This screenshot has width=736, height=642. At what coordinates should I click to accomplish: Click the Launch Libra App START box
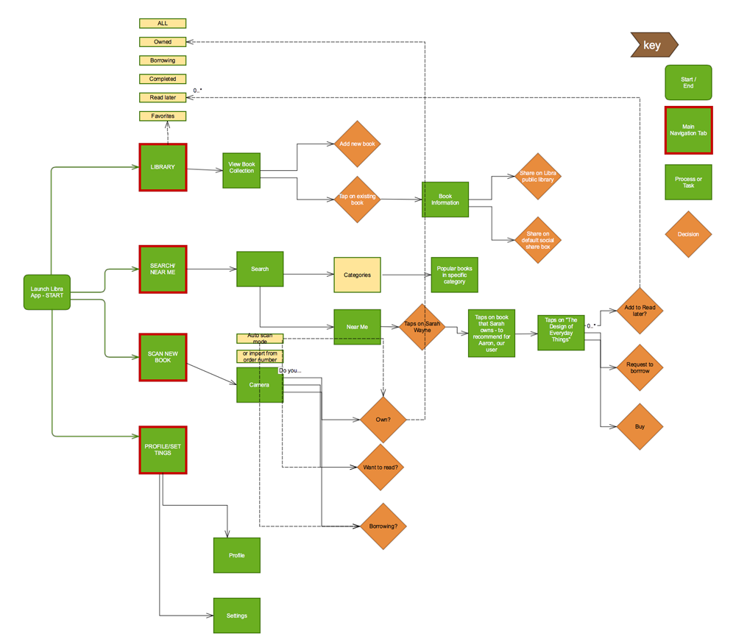(x=47, y=292)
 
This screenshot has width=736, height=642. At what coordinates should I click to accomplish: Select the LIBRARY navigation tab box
(x=163, y=167)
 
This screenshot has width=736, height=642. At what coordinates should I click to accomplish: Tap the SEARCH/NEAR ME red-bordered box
(x=163, y=269)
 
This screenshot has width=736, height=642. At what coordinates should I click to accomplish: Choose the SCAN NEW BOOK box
(x=163, y=357)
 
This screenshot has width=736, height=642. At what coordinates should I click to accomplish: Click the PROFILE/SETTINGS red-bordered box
(x=163, y=450)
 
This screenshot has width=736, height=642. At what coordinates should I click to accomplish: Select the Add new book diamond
(x=358, y=144)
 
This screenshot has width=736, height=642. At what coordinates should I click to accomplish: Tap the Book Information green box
(x=445, y=200)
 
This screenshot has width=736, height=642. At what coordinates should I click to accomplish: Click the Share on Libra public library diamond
(x=538, y=177)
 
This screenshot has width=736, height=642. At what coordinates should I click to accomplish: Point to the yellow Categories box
(x=357, y=275)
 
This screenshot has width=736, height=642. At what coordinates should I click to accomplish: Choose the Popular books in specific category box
(x=455, y=275)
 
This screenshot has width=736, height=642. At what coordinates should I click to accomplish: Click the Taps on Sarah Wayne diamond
(x=422, y=327)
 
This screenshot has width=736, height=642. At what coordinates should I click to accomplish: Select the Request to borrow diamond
(x=640, y=367)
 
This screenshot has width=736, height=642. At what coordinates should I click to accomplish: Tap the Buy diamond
(x=640, y=427)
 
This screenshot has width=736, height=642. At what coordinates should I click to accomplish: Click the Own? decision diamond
(x=383, y=420)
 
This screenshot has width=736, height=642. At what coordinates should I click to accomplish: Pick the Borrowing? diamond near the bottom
(x=383, y=526)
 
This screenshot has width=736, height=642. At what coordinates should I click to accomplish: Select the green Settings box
(x=237, y=615)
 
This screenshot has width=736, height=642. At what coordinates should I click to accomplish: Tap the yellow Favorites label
(x=163, y=116)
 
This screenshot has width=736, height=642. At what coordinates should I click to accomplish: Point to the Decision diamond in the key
(x=688, y=235)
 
